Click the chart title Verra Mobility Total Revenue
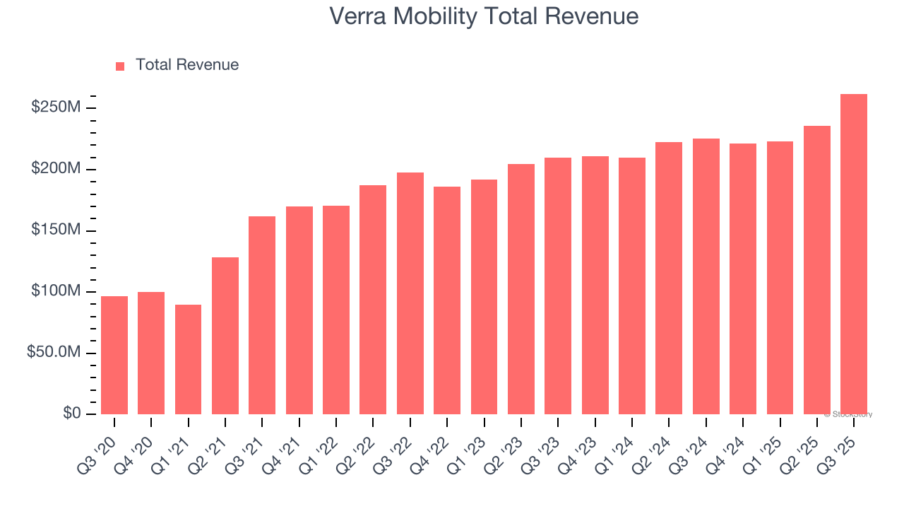coord(484,16)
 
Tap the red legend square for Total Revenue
coord(120,66)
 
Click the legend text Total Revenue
coord(187,65)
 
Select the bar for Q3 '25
coord(854,254)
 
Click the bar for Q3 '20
coord(114,355)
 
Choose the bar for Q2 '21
coord(225,336)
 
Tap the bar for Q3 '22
coord(410,293)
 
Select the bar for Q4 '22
coord(447,300)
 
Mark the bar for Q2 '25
coord(817,270)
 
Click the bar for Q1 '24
coord(632,286)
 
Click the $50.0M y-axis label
coord(54,352)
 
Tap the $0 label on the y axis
coord(71,414)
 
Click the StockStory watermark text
coord(848,415)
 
